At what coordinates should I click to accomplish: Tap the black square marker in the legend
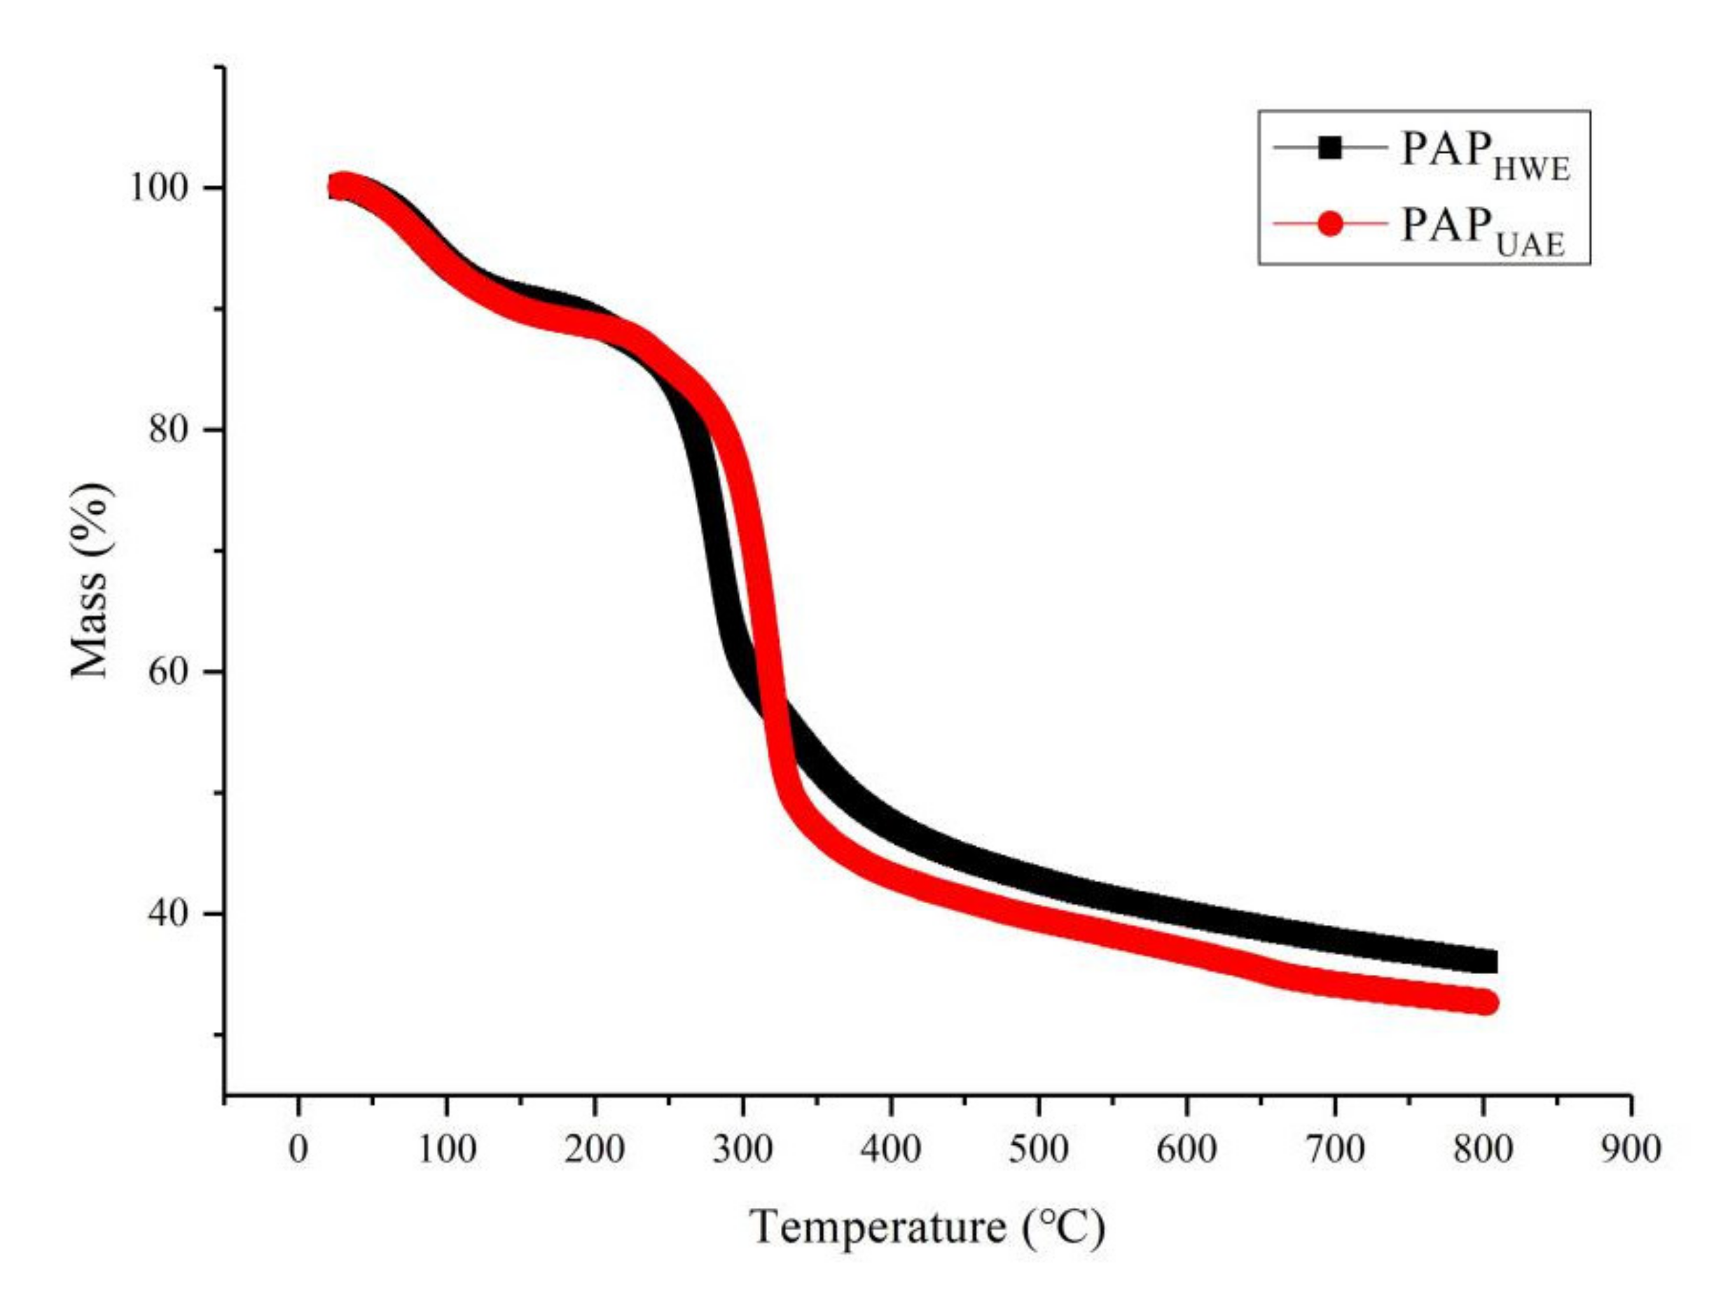[x=1330, y=148]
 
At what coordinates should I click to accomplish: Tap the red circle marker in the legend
[x=1330, y=224]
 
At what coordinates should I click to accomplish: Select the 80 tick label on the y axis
[x=171, y=430]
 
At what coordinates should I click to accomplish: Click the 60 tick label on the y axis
[x=171, y=671]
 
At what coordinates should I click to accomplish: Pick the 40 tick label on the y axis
[x=171, y=913]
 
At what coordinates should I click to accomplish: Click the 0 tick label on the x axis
[x=298, y=1149]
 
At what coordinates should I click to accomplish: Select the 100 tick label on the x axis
[x=446, y=1149]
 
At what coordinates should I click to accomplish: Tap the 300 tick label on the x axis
[x=742, y=1149]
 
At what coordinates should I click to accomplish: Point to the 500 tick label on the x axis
[x=1038, y=1149]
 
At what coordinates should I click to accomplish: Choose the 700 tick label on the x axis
[x=1334, y=1149]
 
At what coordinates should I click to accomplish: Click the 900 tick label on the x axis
[x=1631, y=1149]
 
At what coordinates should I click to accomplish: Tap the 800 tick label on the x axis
[x=1482, y=1149]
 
